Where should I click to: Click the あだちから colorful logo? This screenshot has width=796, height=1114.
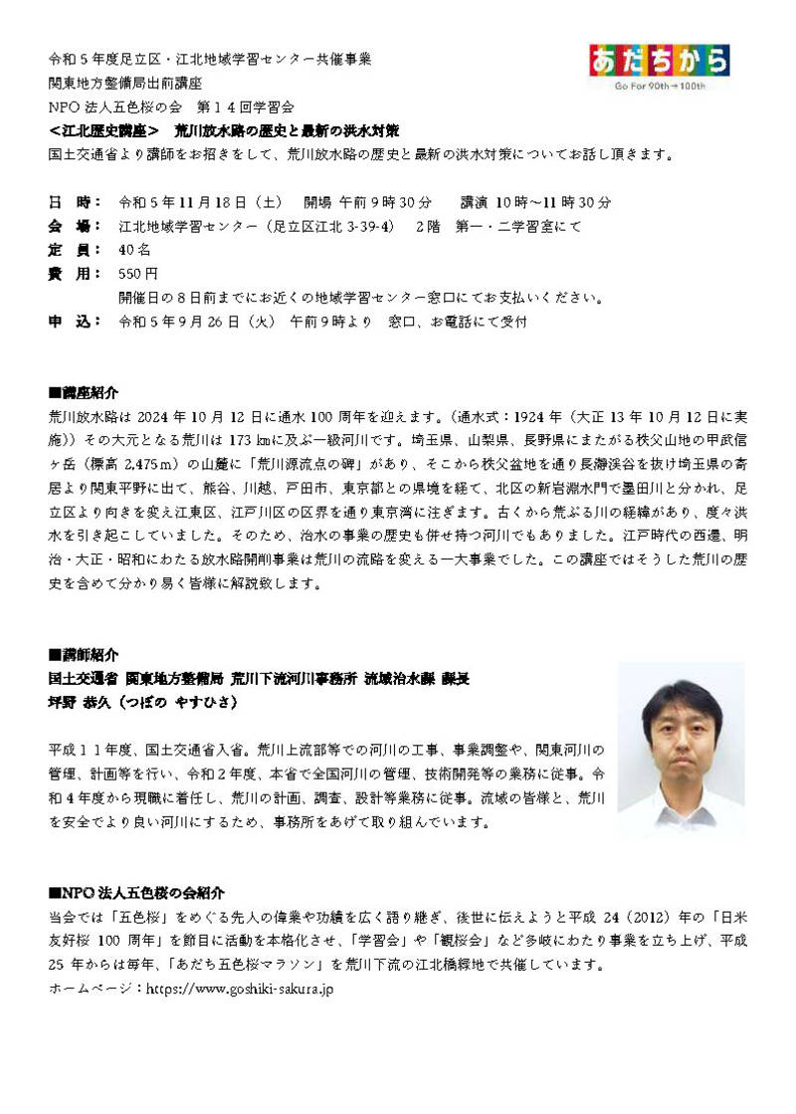[659, 62]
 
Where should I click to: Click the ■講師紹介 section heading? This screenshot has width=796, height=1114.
[83, 655]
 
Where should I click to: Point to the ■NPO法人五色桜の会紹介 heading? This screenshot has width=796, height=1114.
[136, 893]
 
